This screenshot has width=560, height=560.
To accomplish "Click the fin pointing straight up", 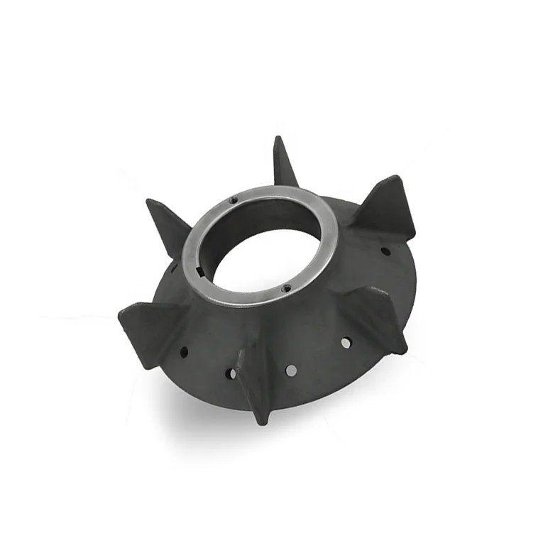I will [284, 163].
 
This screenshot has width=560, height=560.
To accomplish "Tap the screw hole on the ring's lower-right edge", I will [286, 287].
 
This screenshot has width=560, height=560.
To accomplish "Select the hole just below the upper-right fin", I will [385, 251].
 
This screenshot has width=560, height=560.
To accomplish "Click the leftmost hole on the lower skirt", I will [185, 351].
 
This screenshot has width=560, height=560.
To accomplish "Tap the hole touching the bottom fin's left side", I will [231, 372].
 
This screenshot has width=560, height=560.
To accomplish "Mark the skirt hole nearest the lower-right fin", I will [345, 343].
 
